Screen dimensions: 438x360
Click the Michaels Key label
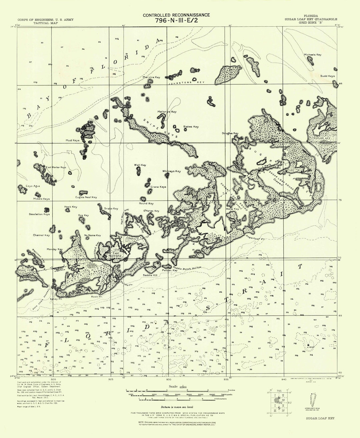point(312,55)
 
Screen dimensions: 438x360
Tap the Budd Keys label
point(327,76)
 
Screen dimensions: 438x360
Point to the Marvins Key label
point(151,77)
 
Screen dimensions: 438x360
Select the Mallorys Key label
point(167,112)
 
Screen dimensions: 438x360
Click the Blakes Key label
point(191,127)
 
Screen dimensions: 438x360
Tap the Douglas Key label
point(230,133)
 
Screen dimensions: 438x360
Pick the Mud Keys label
point(73,140)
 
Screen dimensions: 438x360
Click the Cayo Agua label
point(33,186)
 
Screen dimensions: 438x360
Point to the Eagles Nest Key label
point(86,197)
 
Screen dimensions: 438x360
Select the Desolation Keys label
point(39,214)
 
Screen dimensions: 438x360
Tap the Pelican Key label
point(170,270)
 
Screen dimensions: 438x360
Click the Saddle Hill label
point(150,275)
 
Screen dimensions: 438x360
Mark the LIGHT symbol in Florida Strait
point(308,345)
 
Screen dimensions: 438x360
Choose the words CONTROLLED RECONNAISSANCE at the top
point(176,15)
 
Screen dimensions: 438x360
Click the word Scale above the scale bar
point(173,386)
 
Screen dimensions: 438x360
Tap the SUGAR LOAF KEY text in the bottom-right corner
point(320,418)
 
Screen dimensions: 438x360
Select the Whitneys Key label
point(171,171)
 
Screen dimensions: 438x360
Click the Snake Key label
point(111,208)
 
